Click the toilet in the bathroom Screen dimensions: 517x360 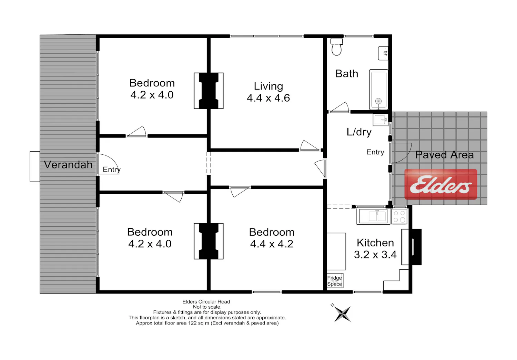tap(336, 47)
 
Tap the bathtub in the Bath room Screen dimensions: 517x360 tap(378, 90)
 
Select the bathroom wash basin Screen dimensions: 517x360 tap(383, 53)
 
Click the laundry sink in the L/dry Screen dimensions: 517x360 tap(381, 120)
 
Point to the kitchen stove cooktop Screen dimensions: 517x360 tap(399, 217)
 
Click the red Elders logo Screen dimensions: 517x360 tap(440, 184)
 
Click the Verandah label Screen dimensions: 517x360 tap(68, 165)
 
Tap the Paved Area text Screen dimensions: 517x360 tap(445, 155)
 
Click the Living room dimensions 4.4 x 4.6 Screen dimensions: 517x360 tap(268, 98)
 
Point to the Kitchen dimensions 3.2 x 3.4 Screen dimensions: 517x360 tap(375, 255)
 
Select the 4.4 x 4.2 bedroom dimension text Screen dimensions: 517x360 tap(272, 244)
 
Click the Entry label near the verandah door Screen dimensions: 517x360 tap(112, 170)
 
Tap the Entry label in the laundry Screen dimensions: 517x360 tap(375, 152)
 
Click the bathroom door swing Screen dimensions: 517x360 tap(339, 107)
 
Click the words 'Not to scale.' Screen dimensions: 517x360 tap(207, 307)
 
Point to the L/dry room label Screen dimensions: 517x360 tap(359, 132)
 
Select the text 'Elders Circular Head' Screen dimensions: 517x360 tap(206, 302)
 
